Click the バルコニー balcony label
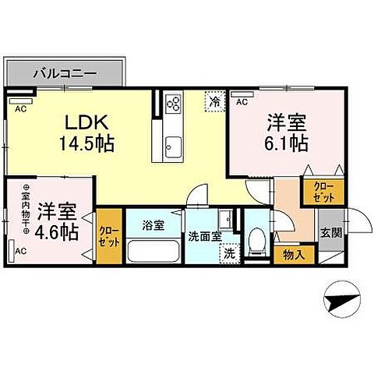point(65,73)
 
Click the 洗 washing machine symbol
point(229,252)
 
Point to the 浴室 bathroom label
point(153,226)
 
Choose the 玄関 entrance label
point(330,233)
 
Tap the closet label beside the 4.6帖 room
point(108,235)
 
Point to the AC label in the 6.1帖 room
point(241,101)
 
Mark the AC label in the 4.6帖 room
point(20,251)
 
